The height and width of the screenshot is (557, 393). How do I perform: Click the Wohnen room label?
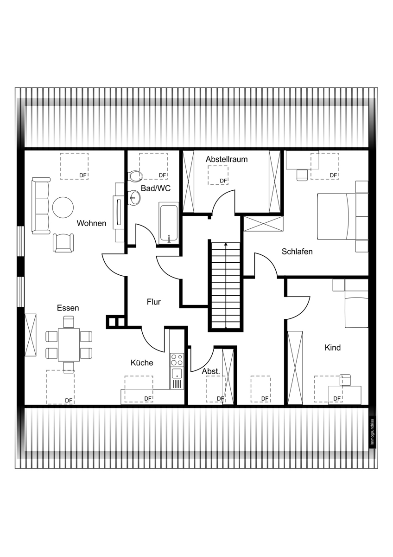click(91, 223)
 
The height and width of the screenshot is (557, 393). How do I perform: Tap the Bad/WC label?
click(156, 188)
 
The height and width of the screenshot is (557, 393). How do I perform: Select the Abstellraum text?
click(227, 159)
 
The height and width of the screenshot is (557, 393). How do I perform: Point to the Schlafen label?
click(297, 252)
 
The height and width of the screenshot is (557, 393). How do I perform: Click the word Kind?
click(332, 348)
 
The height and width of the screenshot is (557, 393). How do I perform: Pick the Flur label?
click(154, 302)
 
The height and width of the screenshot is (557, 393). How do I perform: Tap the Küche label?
click(142, 363)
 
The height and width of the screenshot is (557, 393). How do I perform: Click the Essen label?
click(68, 308)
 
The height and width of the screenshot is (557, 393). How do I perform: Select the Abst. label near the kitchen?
click(211, 371)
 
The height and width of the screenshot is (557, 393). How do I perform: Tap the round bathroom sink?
click(134, 198)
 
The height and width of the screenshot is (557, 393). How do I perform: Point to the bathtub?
click(169, 223)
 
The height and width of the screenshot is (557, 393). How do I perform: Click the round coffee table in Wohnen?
click(63, 207)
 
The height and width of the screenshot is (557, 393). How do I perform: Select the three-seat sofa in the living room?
click(41, 206)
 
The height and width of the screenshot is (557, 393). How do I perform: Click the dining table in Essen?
click(69, 345)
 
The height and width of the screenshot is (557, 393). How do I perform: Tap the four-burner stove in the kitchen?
click(177, 360)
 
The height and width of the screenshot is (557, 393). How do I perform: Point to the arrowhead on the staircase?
click(226, 244)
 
